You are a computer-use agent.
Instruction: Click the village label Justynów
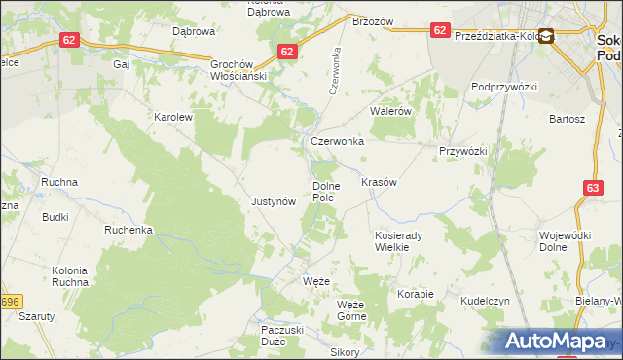click(273, 202)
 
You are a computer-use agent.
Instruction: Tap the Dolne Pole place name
click(323, 191)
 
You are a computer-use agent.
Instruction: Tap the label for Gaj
click(122, 64)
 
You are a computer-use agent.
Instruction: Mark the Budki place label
click(55, 217)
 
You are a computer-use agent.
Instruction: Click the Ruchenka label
click(129, 231)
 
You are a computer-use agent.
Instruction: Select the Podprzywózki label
click(504, 87)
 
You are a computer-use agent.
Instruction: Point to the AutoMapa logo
click(558, 342)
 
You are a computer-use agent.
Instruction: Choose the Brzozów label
click(372, 21)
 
